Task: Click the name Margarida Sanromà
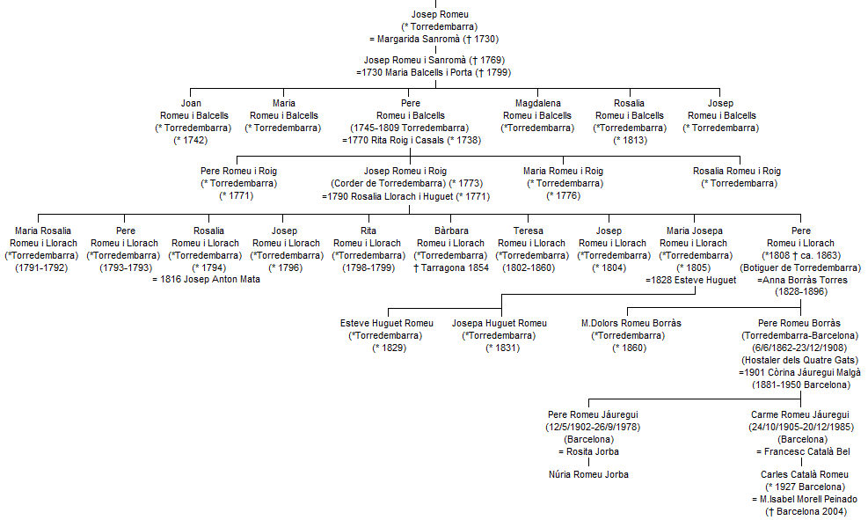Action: [x=419, y=39]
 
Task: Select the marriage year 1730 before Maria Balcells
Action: [x=372, y=72]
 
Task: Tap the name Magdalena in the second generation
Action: [x=537, y=103]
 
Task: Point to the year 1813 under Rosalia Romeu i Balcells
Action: [x=630, y=140]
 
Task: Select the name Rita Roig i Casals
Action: [x=407, y=140]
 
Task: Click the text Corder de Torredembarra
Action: [x=389, y=183]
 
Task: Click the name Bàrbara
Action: [x=451, y=231]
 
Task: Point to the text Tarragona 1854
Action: [x=455, y=268]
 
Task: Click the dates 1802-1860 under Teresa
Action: [x=529, y=268]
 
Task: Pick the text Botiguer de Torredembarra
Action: [x=800, y=268]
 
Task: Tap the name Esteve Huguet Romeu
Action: [x=386, y=323]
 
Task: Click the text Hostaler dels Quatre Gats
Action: [x=800, y=361]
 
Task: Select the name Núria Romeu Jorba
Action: [x=588, y=474]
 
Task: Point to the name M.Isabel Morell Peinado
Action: [x=808, y=499]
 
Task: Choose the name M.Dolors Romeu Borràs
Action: [x=631, y=323]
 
